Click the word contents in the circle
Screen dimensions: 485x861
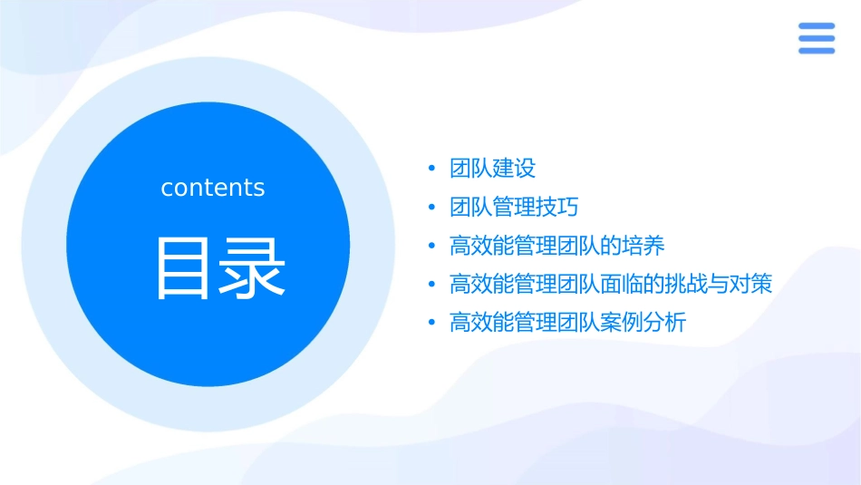coord(213,188)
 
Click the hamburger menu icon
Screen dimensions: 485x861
coord(817,38)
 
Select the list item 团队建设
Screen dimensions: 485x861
coord(493,169)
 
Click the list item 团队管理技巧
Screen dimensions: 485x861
coord(514,208)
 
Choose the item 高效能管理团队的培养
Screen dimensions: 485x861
coord(557,246)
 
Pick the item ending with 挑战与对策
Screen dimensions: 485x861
coord(611,284)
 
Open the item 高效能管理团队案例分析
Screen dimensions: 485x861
coord(568,323)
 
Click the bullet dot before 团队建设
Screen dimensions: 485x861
coord(432,169)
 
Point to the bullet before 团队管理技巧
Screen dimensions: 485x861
coord(432,208)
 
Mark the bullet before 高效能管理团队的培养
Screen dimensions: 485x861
coord(432,246)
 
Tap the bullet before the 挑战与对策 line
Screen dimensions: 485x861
coord(432,285)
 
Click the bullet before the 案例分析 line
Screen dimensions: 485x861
coord(432,323)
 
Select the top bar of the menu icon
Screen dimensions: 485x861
coord(817,26)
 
